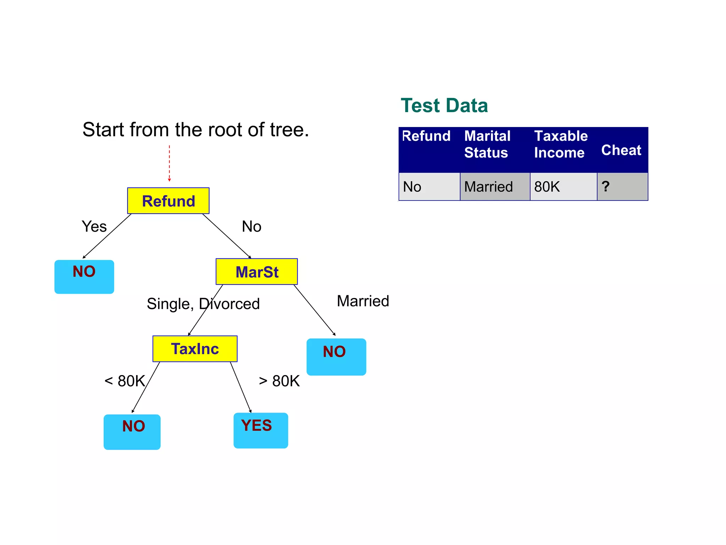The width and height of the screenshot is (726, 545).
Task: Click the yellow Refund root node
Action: [168, 201]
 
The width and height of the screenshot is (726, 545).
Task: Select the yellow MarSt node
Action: [257, 272]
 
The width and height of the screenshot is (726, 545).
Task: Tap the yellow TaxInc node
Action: [195, 349]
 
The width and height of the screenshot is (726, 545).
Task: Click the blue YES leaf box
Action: [261, 430]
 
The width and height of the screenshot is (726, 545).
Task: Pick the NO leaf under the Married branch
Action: [336, 357]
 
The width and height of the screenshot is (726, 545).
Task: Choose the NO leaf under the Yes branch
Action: [84, 277]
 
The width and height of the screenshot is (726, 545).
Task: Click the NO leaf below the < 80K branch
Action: [132, 432]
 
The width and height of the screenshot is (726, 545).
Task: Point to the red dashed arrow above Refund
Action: [169, 163]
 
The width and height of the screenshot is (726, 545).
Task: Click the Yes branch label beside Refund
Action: [94, 226]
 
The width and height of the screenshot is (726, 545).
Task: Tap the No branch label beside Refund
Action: [251, 226]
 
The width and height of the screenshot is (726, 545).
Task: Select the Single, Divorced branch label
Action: [203, 304]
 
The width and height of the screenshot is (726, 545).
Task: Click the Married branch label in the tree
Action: [363, 301]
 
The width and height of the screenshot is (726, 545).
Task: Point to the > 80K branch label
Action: [279, 381]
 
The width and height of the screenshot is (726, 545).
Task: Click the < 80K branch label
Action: [125, 381]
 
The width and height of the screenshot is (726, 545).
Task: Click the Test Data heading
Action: [444, 105]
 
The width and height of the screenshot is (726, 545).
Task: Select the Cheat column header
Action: [621, 150]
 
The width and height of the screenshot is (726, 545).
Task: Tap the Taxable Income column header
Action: [561, 144]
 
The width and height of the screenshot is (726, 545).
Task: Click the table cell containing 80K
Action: [563, 187]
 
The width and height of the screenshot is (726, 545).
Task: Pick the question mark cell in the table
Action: [622, 187]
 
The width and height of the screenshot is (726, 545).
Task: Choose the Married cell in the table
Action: [495, 187]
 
